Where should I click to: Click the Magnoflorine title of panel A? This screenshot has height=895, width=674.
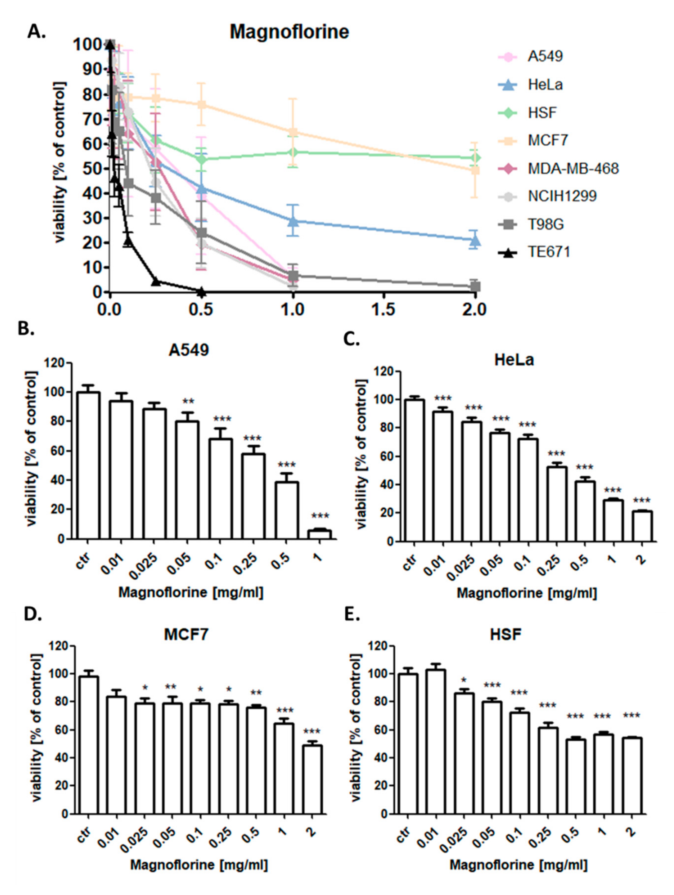coord(289,32)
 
